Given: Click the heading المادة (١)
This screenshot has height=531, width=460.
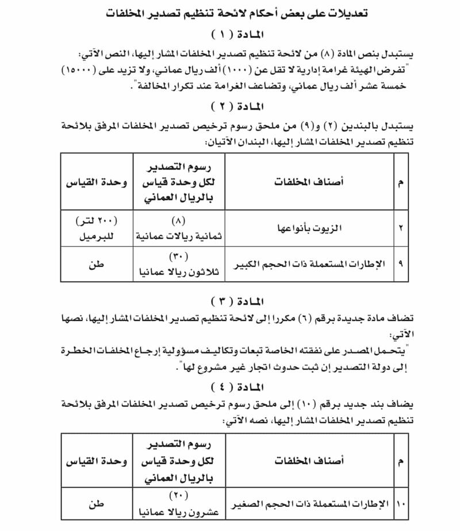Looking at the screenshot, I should pos(229,33).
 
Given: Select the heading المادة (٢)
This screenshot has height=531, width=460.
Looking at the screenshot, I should pos(229,107).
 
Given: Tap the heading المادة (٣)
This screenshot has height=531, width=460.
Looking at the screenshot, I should pos(229,301).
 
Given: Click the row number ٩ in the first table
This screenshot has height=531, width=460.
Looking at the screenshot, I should pos(400,264).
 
